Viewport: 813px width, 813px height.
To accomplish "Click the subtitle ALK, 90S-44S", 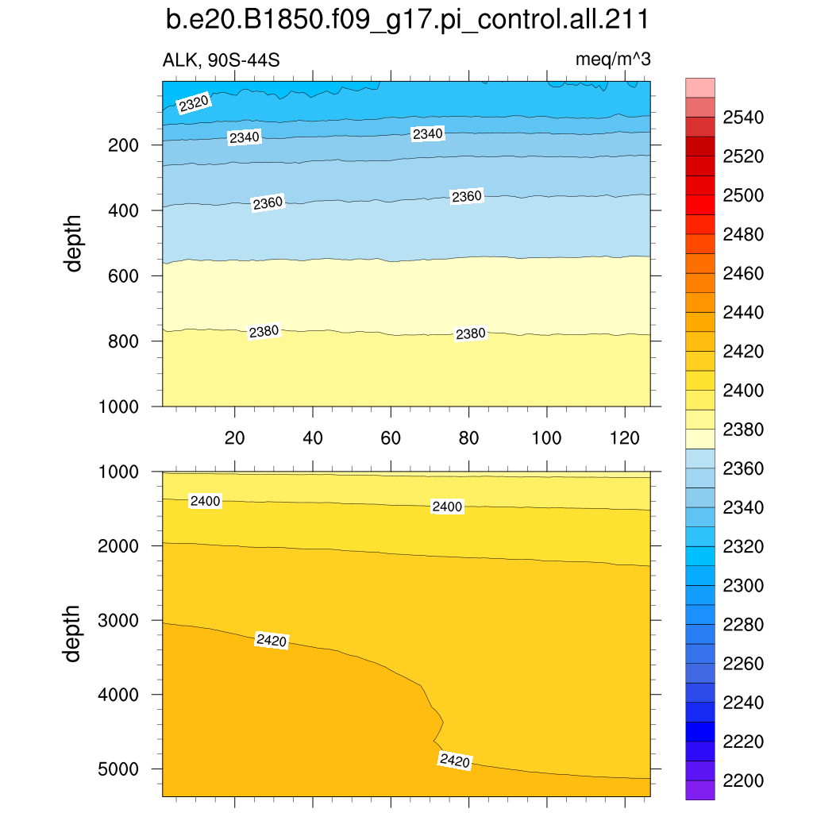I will pyautogui.click(x=221, y=60).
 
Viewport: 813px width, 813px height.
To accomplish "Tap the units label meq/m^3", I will pyautogui.click(x=613, y=60).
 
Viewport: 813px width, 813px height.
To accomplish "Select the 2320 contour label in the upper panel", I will pyautogui.click(x=194, y=104).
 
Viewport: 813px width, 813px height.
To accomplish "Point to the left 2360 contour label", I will pyautogui.click(x=268, y=203).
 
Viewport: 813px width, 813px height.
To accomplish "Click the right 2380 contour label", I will pyautogui.click(x=470, y=334).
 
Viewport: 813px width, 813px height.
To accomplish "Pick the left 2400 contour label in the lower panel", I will pyautogui.click(x=205, y=501).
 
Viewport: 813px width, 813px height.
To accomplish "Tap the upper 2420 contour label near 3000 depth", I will pyautogui.click(x=271, y=640).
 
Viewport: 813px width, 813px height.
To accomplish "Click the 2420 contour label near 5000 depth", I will pyautogui.click(x=454, y=761).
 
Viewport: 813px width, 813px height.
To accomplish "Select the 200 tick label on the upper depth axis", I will pyautogui.click(x=125, y=145).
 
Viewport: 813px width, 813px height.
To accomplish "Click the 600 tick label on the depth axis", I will pyautogui.click(x=125, y=275).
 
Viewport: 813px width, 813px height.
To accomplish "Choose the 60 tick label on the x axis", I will pyautogui.click(x=391, y=438).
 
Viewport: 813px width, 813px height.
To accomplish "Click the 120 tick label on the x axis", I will pyautogui.click(x=624, y=438).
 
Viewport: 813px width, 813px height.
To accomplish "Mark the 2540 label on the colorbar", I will pyautogui.click(x=743, y=118).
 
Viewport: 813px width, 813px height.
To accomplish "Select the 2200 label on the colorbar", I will pyautogui.click(x=743, y=780).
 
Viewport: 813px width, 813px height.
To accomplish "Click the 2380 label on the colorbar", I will pyautogui.click(x=743, y=430).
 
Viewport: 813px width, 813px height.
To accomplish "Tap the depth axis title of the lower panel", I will pyautogui.click(x=73, y=633).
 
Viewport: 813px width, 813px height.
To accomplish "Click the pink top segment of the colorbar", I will pyautogui.click(x=700, y=87).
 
